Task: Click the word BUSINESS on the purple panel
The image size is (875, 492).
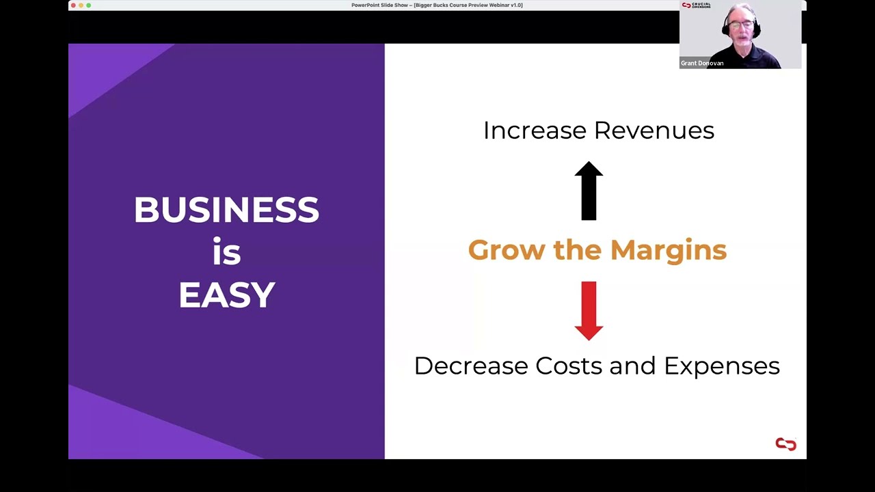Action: coord(226,210)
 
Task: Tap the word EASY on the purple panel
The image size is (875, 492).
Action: coord(226,295)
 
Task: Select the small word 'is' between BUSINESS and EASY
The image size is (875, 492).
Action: coord(226,252)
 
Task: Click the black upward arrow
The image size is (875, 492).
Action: coord(589,191)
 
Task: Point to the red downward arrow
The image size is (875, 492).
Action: coord(589,310)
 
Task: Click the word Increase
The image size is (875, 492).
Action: coord(535,131)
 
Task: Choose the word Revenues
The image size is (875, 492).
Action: coord(654,131)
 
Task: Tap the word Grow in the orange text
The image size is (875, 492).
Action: coord(507,250)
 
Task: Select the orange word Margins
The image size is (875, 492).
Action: coord(668,250)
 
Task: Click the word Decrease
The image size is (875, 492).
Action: coord(471,366)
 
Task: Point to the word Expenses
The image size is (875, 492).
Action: coord(722,366)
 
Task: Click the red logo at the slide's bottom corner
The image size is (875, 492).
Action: coord(785,445)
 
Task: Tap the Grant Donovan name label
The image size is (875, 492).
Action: coord(702,63)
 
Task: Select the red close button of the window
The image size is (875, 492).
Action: coord(73,5)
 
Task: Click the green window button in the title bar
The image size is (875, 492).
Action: coord(89,5)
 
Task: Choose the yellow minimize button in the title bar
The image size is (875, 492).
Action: coord(81,5)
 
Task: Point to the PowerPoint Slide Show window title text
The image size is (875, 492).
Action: coord(437,5)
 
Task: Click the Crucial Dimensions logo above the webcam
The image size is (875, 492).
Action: coord(696,5)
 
